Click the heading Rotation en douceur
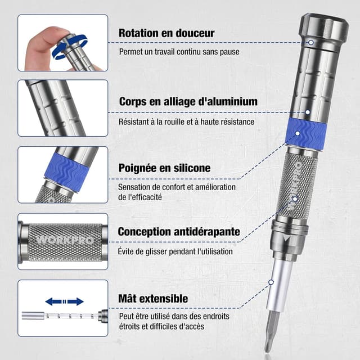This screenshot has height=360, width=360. (x=166, y=33)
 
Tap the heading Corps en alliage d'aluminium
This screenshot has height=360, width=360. (x=188, y=102)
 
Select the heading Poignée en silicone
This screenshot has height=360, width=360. (x=164, y=168)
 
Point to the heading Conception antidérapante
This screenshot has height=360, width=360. (x=179, y=232)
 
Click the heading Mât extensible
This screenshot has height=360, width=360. (x=153, y=298)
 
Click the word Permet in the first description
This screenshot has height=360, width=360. (x=130, y=52)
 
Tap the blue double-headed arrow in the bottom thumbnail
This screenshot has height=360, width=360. (x=64, y=301)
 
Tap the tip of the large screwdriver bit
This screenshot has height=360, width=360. (x=269, y=348)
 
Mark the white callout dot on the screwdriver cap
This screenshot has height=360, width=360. (x=310, y=42)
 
